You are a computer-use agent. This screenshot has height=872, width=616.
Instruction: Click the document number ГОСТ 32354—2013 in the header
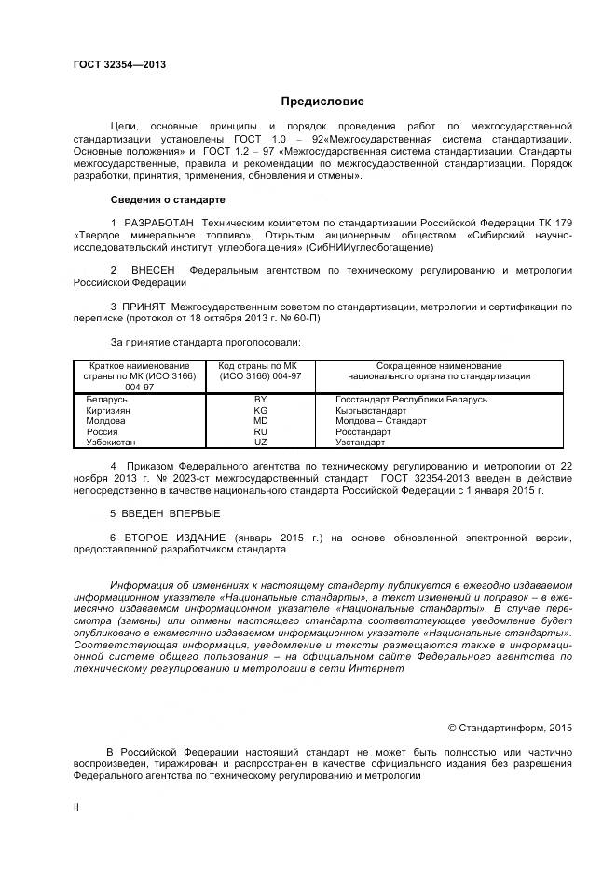(119, 64)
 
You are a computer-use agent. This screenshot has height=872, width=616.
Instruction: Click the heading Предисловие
(322, 101)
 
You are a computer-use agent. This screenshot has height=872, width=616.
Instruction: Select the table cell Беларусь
(106, 399)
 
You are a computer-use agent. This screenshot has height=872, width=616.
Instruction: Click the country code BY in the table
(260, 399)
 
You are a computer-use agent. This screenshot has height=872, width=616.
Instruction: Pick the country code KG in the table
(260, 410)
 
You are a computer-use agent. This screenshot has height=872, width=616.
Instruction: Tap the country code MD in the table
(260, 420)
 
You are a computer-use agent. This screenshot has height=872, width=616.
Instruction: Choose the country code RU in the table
(260, 431)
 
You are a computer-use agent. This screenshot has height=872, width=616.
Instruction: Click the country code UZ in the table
(260, 443)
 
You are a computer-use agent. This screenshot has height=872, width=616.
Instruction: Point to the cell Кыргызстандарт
(371, 410)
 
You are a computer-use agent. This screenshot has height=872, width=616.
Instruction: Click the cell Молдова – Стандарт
(380, 420)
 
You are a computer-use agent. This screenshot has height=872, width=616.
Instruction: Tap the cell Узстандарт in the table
(360, 443)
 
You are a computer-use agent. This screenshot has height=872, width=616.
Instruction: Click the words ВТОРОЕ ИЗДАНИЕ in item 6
(174, 538)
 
